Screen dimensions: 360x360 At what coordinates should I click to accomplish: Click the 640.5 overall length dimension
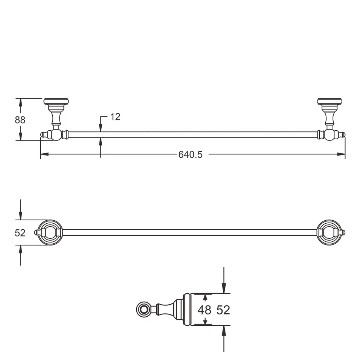coord(190,154)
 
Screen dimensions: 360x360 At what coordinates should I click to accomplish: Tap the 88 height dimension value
coord(20,120)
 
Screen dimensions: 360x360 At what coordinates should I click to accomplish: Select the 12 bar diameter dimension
coord(115,117)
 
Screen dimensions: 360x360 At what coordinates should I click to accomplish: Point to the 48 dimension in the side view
coord(204,310)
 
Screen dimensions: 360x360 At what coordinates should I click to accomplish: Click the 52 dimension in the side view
coord(223,310)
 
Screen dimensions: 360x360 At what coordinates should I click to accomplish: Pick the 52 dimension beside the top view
coord(20,233)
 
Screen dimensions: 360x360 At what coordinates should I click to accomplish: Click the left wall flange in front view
coord(56,101)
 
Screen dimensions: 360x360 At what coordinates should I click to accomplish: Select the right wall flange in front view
coord(329,101)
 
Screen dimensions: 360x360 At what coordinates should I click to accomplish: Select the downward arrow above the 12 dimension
coord(101,128)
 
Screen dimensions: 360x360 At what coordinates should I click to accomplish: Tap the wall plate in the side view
coord(187,310)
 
